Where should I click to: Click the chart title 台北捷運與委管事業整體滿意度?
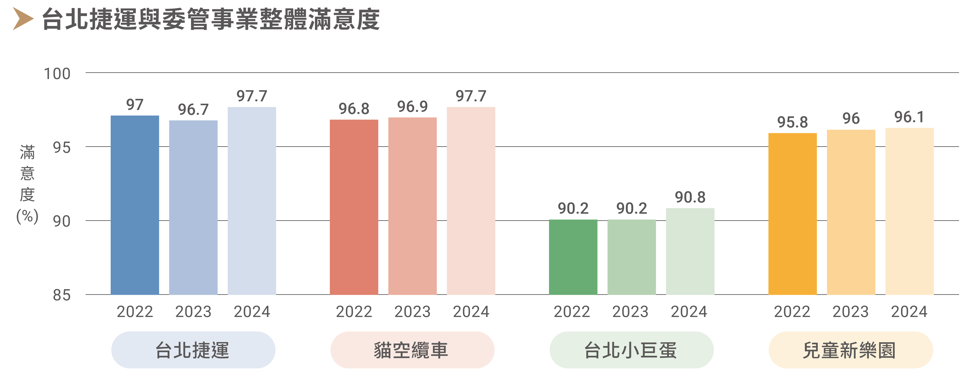(x=211, y=19)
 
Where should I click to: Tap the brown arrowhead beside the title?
(x=23, y=19)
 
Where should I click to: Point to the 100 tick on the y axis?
(x=57, y=74)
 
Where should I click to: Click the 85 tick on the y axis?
(x=62, y=295)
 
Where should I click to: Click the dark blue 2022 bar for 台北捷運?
(x=135, y=205)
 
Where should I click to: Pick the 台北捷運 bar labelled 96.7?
(x=193, y=207)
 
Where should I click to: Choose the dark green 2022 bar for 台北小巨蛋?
(x=573, y=257)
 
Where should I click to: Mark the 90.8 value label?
(x=690, y=197)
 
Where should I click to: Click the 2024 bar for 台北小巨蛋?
(x=690, y=251)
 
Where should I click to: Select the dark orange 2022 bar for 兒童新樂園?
(x=792, y=214)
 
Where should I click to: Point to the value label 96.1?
(x=909, y=117)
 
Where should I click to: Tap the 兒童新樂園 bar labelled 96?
(x=851, y=212)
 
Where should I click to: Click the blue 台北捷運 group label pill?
(x=193, y=350)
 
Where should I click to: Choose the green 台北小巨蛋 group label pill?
(x=631, y=350)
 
